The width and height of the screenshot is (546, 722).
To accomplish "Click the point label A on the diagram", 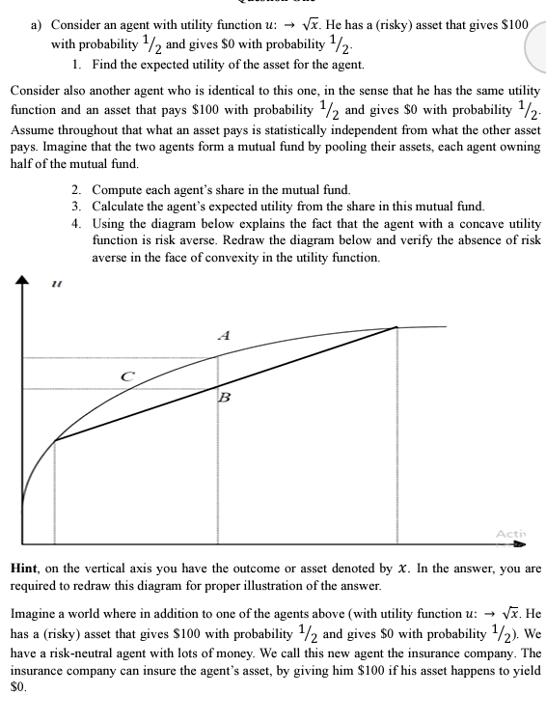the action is (224, 337).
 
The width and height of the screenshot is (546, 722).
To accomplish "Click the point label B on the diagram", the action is (224, 397).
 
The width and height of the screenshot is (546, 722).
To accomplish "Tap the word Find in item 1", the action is (105, 65).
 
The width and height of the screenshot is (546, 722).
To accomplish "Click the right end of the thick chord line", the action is (396, 328).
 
